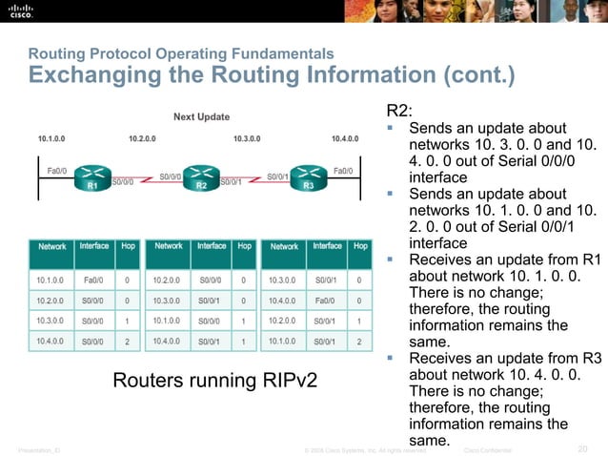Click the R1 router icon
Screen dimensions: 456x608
point(92,177)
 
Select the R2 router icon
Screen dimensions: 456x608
point(201,177)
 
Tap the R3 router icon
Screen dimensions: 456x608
point(309,177)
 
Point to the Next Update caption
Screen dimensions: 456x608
point(201,117)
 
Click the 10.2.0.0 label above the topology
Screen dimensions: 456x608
point(142,139)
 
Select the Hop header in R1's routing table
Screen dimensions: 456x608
point(128,246)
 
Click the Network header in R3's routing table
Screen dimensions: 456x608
point(284,246)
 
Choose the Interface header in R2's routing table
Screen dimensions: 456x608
point(211,246)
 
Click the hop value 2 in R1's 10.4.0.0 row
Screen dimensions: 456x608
point(128,341)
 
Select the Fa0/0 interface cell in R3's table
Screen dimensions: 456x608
point(327,299)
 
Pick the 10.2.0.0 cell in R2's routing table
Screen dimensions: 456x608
point(168,280)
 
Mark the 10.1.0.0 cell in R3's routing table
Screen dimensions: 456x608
point(284,341)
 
